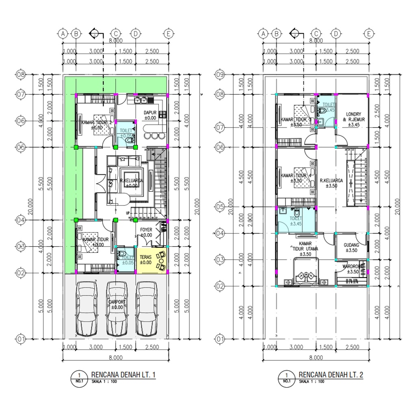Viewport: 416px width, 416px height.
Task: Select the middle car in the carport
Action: pyautogui.click(x=117, y=308)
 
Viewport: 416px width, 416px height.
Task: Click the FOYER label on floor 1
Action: pyautogui.click(x=146, y=230)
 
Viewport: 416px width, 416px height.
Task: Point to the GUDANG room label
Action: pyautogui.click(x=351, y=245)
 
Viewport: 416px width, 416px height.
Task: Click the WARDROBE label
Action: pyautogui.click(x=351, y=267)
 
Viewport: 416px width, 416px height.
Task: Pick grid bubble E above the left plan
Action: pyautogui.click(x=168, y=34)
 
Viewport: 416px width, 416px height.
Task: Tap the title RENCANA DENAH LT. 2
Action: pyautogui.click(x=331, y=375)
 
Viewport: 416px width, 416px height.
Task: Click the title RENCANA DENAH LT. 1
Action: pyautogui.click(x=123, y=375)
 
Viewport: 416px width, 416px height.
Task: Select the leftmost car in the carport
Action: pyautogui.click(x=87, y=308)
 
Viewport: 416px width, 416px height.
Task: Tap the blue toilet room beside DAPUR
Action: pyautogui.click(x=126, y=134)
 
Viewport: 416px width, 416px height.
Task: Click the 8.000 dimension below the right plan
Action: pyautogui.click(x=316, y=357)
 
